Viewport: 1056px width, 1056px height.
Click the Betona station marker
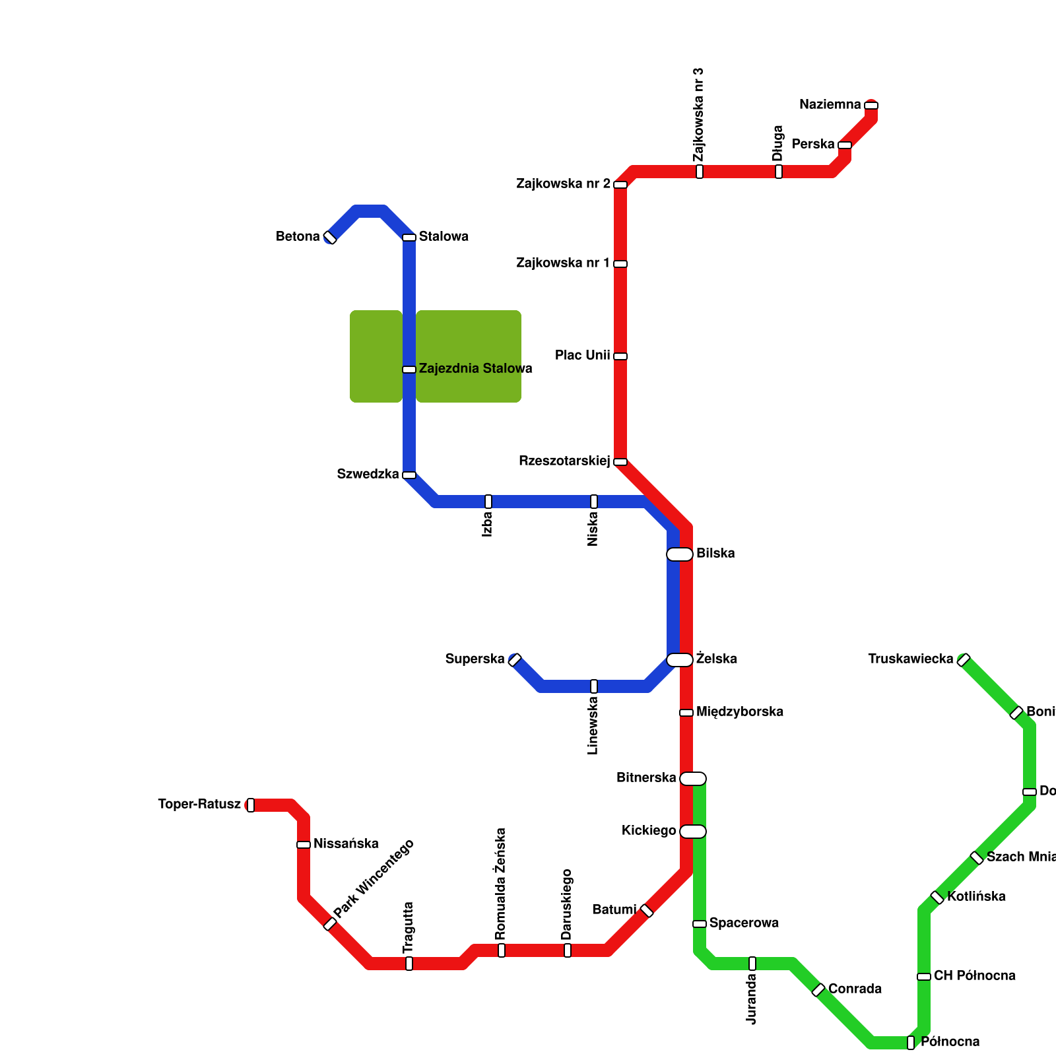pyautogui.click(x=330, y=238)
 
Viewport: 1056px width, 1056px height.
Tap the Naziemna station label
pyautogui.click(x=830, y=105)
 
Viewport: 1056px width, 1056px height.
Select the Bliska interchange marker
pyautogui.click(x=680, y=554)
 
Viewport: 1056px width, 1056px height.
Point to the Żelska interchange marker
pyautogui.click(x=680, y=660)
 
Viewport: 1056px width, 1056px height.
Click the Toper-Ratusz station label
pyautogui.click(x=199, y=805)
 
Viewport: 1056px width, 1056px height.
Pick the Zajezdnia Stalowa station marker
pyautogui.click(x=409, y=370)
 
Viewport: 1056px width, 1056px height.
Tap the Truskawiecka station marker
pyautogui.click(x=964, y=660)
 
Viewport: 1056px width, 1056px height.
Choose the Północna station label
pyautogui.click(x=950, y=1042)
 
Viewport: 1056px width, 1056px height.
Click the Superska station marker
pyautogui.click(x=515, y=660)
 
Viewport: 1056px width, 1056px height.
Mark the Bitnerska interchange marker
pyautogui.click(x=693, y=779)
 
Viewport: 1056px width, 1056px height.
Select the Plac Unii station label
pyautogui.click(x=582, y=356)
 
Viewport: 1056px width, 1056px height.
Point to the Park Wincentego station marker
pyautogui.click(x=330, y=924)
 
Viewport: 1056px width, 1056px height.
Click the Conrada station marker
pyautogui.click(x=818, y=990)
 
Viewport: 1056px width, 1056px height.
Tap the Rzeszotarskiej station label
pyautogui.click(x=564, y=461)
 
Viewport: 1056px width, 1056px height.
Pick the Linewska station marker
pyautogui.click(x=594, y=686)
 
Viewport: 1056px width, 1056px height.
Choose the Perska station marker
pyautogui.click(x=845, y=145)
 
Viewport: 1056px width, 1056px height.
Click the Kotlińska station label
pyautogui.click(x=976, y=897)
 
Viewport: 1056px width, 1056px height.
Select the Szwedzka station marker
pyautogui.click(x=409, y=475)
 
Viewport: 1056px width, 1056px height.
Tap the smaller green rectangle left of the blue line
pyautogui.click(x=376, y=356)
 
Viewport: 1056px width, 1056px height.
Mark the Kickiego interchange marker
pyautogui.click(x=693, y=832)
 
